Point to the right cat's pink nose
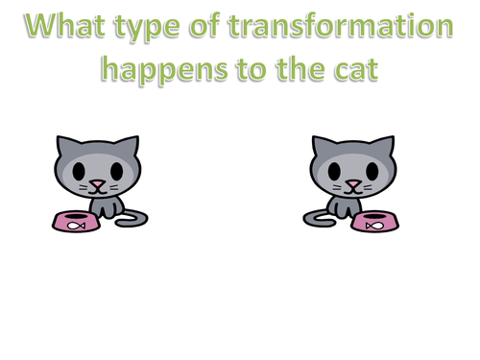point(353,181)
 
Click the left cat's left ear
point(64,145)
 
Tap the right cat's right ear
point(386,145)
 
